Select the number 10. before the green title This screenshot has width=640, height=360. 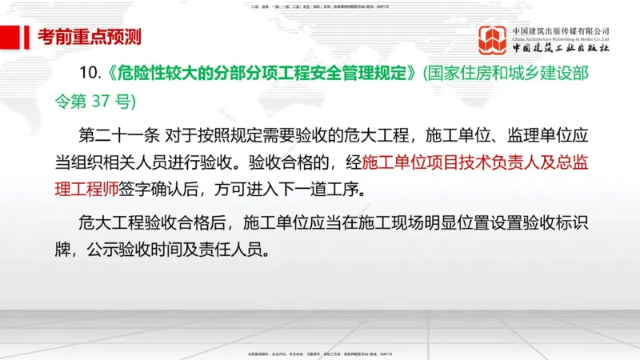[x=91, y=73]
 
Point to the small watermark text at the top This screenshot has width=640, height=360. [x=320, y=7]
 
